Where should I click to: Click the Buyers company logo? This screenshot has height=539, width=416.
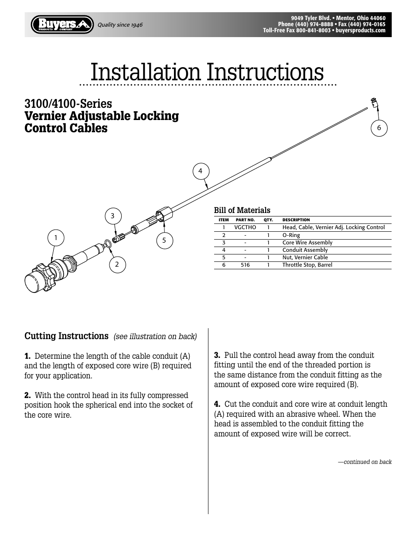point(62,24)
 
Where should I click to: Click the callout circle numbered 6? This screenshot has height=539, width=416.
point(379,128)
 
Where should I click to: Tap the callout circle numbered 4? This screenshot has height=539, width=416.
point(200,171)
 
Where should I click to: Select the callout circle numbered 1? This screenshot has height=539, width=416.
point(56,238)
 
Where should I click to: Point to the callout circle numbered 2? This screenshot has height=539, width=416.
point(117,264)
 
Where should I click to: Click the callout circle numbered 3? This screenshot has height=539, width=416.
point(113,216)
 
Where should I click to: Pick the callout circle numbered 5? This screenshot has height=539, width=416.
point(164,240)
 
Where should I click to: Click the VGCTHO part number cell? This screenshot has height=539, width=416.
point(245,227)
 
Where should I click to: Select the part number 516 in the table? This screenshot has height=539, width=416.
point(245,265)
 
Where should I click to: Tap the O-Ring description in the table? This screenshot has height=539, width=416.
point(291,235)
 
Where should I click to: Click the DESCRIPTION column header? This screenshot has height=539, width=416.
point(296,220)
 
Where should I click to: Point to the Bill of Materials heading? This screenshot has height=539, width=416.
point(242,210)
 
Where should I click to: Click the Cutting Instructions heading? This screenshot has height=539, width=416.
point(66,336)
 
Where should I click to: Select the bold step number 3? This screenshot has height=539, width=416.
point(217,355)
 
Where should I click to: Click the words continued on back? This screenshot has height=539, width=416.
point(365,462)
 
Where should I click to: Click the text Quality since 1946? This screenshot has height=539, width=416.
point(120,25)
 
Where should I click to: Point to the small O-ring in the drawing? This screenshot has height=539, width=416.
point(108,243)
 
